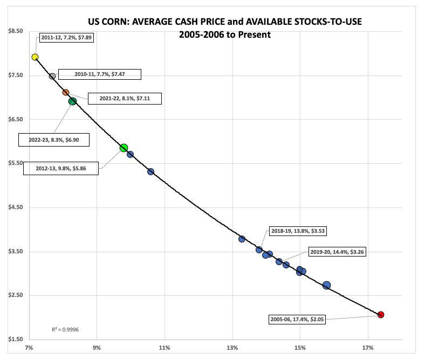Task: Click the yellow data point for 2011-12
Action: click(x=35, y=57)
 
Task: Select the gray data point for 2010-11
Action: click(x=52, y=76)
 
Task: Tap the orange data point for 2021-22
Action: click(x=66, y=93)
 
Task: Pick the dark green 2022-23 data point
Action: click(x=73, y=101)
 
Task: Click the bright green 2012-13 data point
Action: click(x=124, y=148)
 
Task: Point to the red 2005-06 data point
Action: click(x=381, y=315)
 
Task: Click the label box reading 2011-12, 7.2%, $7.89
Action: click(x=66, y=39)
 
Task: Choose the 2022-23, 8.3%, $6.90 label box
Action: click(x=53, y=140)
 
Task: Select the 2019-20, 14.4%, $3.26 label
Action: click(x=338, y=252)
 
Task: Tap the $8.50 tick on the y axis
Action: click(x=15, y=31)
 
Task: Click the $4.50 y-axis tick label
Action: click(x=15, y=207)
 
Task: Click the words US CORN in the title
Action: click(x=110, y=22)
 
